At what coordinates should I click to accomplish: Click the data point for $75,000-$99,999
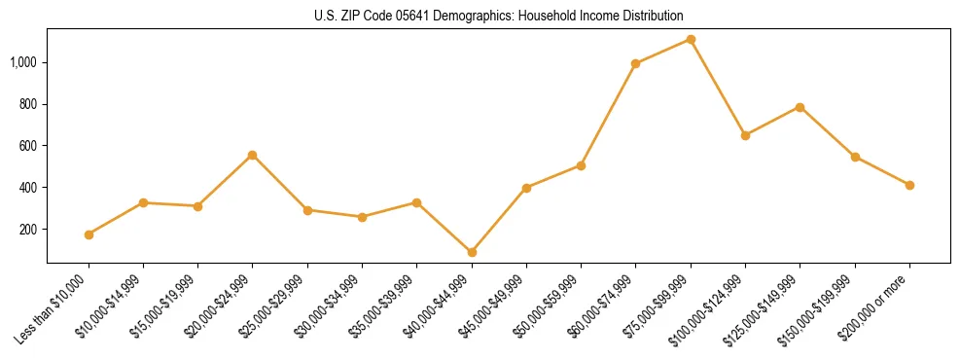[x=691, y=39]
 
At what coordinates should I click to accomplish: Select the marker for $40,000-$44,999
[x=472, y=252]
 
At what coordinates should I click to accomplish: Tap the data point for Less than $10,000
[x=89, y=234]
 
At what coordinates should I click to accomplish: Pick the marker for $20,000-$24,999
[x=253, y=155]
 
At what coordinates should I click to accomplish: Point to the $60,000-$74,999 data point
[x=636, y=64]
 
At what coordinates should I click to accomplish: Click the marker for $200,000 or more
[x=909, y=185]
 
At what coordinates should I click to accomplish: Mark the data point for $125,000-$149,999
[x=800, y=107]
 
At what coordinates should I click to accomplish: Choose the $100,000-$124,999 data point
[x=745, y=135]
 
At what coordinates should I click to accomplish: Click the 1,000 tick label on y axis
[x=24, y=62]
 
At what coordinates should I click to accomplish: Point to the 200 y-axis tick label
[x=29, y=230]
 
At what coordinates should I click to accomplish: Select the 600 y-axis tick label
[x=29, y=146]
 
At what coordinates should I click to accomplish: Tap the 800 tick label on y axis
[x=29, y=104]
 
